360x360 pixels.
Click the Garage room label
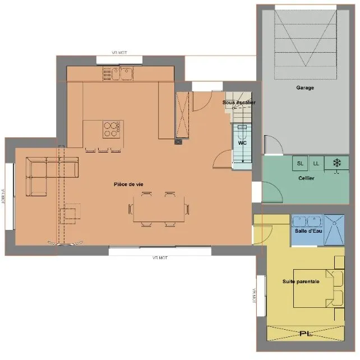[305, 87]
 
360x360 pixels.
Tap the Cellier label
[306, 178]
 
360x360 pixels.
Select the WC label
[242, 143]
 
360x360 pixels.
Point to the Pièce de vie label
[128, 184]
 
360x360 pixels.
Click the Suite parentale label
[301, 281]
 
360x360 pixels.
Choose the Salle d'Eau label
[308, 230]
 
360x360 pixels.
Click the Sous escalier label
[239, 103]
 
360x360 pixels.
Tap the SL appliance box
[300, 164]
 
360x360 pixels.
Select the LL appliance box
[316, 164]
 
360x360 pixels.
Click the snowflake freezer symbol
[337, 163]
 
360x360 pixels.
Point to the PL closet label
[306, 334]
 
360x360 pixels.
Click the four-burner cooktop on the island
[112, 130]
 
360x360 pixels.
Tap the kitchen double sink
[122, 73]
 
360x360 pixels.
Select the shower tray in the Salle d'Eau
[334, 229]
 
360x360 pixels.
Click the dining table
[159, 209]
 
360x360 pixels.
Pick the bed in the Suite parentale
[319, 288]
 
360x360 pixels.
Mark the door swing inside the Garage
[273, 145]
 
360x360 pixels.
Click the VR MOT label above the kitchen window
[119, 53]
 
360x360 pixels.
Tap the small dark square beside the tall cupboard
[178, 141]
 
